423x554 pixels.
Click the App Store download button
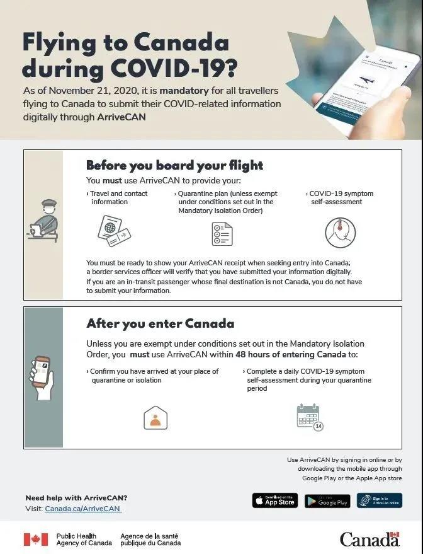274,501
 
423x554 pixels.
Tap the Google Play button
327,501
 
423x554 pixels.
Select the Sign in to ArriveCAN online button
379,500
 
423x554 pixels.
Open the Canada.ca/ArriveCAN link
82,509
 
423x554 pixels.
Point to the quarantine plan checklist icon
222,234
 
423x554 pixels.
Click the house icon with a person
155,418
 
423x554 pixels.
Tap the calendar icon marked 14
309,418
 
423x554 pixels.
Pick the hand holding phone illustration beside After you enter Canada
41,376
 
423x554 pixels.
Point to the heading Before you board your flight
174,166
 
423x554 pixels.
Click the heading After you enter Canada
160,324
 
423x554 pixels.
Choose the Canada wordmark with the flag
369,539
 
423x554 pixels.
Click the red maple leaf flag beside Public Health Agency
36,540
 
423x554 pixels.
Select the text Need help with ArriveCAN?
76,498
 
